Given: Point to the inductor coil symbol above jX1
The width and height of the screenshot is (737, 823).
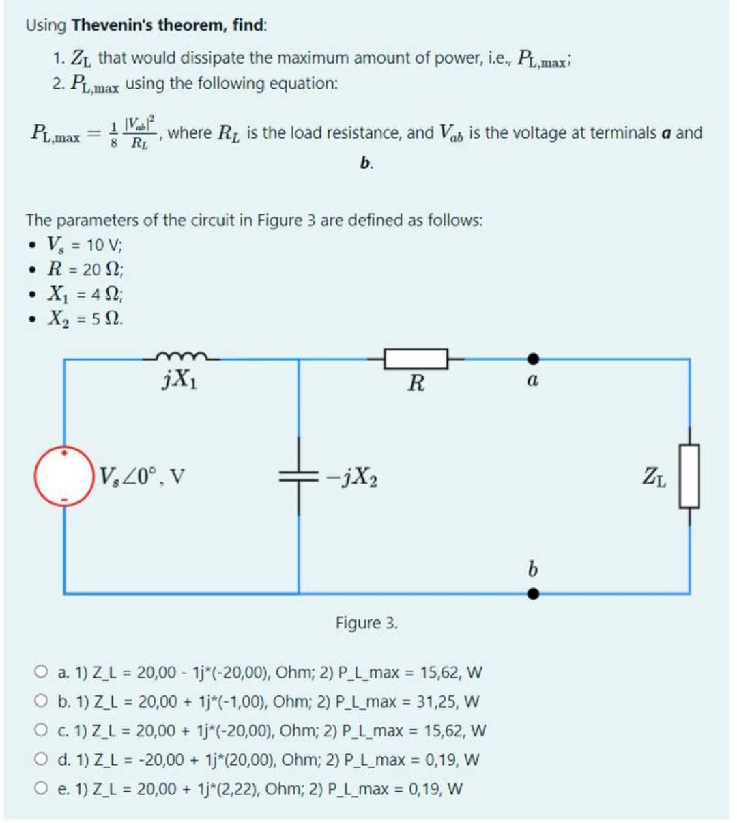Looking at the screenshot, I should pyautogui.click(x=181, y=355).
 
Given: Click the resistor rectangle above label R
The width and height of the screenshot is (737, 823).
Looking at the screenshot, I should pyautogui.click(x=416, y=359).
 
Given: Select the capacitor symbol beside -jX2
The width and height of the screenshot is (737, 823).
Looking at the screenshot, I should pyautogui.click(x=298, y=477).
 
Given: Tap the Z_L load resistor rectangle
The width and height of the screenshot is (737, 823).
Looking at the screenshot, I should pyautogui.click(x=689, y=476).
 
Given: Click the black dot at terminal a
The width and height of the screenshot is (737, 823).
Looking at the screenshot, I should pyautogui.click(x=534, y=359).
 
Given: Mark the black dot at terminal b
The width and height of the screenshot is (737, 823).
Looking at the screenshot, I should pyautogui.click(x=534, y=594).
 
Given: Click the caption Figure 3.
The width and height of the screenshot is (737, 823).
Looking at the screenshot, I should pyautogui.click(x=366, y=623).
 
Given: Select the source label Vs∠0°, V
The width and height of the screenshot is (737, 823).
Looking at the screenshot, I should pyautogui.click(x=143, y=475).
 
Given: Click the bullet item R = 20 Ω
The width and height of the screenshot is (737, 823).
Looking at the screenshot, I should pyautogui.click(x=86, y=269).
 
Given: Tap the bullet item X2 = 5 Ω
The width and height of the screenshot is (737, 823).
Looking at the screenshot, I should pyautogui.click(x=85, y=319).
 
